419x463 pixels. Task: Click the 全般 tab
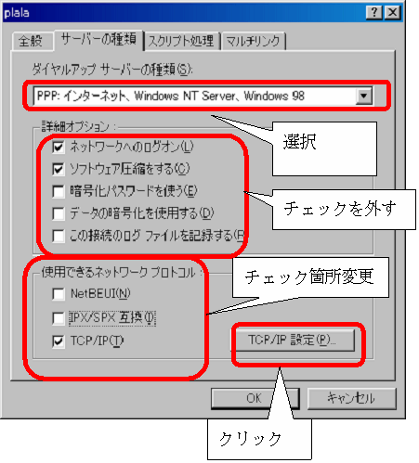pos(31,41)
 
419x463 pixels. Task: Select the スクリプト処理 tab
pos(182,41)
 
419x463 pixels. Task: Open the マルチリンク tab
pos(253,41)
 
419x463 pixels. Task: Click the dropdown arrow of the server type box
pos(364,96)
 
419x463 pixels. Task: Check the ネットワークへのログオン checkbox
pos(59,147)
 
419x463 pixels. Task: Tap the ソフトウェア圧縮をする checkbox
pos(59,169)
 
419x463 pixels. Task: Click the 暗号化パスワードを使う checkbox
pos(59,191)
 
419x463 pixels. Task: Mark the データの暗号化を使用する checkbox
pos(59,213)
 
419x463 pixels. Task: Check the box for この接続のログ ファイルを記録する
pos(59,236)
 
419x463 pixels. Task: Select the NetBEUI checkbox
pos(59,293)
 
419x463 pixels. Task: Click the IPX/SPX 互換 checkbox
pos(59,317)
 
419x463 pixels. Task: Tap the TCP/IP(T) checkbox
pos(59,341)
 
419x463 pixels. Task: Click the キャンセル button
pos(352,398)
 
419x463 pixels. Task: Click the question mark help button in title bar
pos(374,12)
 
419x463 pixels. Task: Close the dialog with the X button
pos(393,12)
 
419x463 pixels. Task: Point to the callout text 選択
pos(300,142)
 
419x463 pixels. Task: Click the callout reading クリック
pos(250,439)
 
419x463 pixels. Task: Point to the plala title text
pos(17,13)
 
